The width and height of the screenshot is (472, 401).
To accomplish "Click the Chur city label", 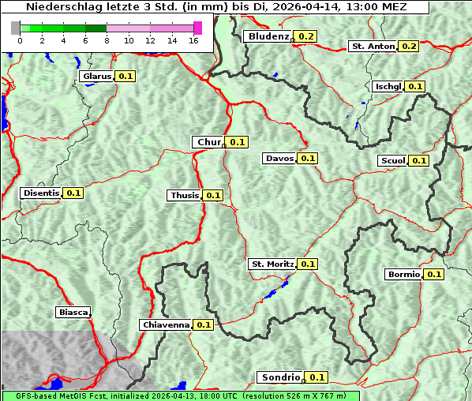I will coord(208,142).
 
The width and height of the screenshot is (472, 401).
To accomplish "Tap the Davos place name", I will coord(279,159).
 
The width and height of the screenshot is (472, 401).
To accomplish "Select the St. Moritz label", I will coord(272,264).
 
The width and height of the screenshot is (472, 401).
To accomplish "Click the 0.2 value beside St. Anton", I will coord(409,47).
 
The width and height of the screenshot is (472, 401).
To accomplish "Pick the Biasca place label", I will coord(73,312).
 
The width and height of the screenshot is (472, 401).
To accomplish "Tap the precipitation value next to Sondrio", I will coord(317,377).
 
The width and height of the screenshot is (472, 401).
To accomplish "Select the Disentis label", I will coord(41,193).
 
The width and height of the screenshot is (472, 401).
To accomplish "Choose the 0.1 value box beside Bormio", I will coord(434,275).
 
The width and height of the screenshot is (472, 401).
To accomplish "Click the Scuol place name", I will coord(392,161).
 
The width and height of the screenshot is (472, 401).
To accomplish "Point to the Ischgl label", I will coord(388,87).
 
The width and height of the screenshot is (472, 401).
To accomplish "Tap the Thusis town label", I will coord(185,195).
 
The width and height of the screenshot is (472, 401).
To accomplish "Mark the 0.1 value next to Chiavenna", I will coord(204,324).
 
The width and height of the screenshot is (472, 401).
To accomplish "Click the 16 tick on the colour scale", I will coord(194,40).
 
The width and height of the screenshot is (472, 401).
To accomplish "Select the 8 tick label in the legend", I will coord(107,40).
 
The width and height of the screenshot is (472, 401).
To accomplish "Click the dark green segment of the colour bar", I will coord(84,28).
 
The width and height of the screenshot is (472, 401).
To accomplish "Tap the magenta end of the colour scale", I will coord(197,28).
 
